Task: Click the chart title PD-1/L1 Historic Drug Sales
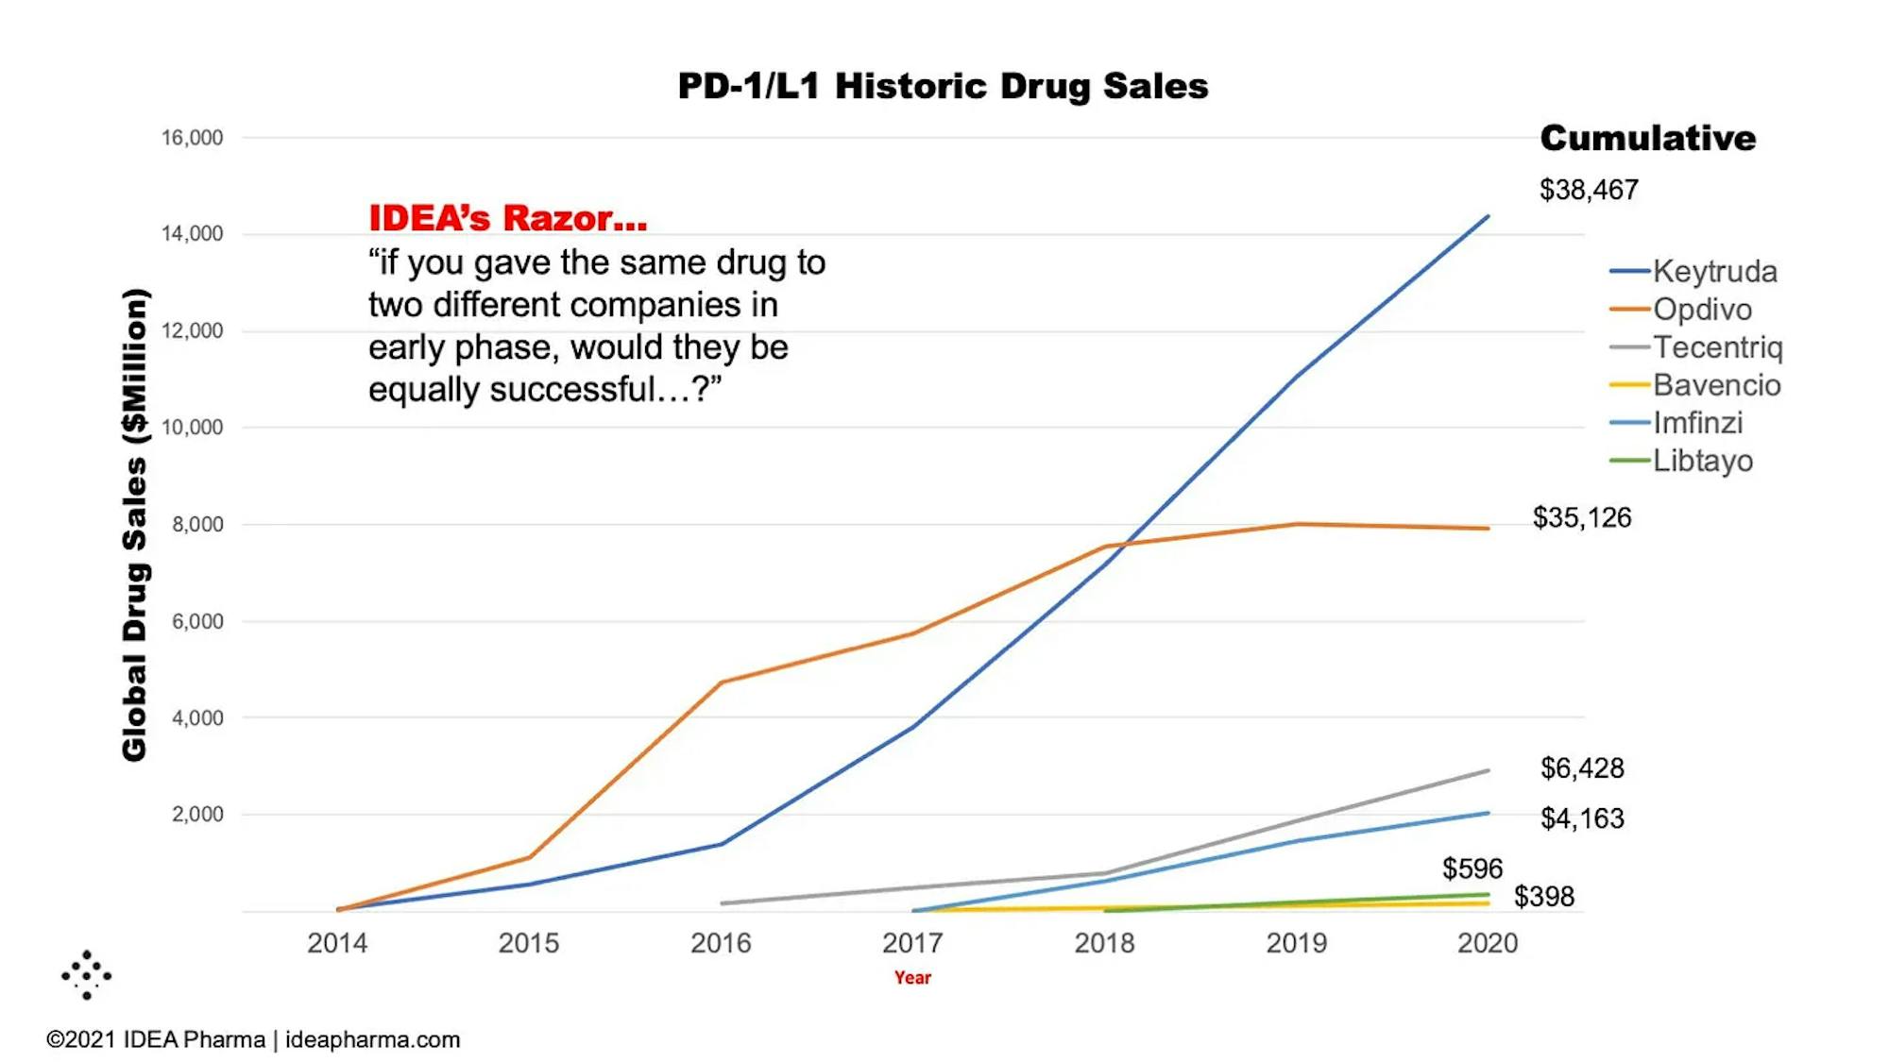pyautogui.click(x=943, y=86)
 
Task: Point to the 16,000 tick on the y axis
pyautogui.click(x=192, y=138)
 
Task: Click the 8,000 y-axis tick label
pyautogui.click(x=197, y=525)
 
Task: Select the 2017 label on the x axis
pyautogui.click(x=912, y=943)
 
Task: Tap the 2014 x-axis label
pyautogui.click(x=337, y=943)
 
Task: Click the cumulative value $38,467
pyautogui.click(x=1589, y=190)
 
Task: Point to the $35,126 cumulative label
pyautogui.click(x=1582, y=517)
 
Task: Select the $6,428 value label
pyautogui.click(x=1582, y=768)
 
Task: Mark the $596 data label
pyautogui.click(x=1472, y=868)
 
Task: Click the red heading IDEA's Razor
pyautogui.click(x=507, y=218)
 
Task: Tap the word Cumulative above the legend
pyautogui.click(x=1648, y=138)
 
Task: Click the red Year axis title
pyautogui.click(x=912, y=978)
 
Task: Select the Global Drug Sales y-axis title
pyautogui.click(x=135, y=525)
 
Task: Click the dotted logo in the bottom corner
pyautogui.click(x=87, y=974)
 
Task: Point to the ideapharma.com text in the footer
pyautogui.click(x=372, y=1039)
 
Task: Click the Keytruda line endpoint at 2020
pyautogui.click(x=1488, y=217)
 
